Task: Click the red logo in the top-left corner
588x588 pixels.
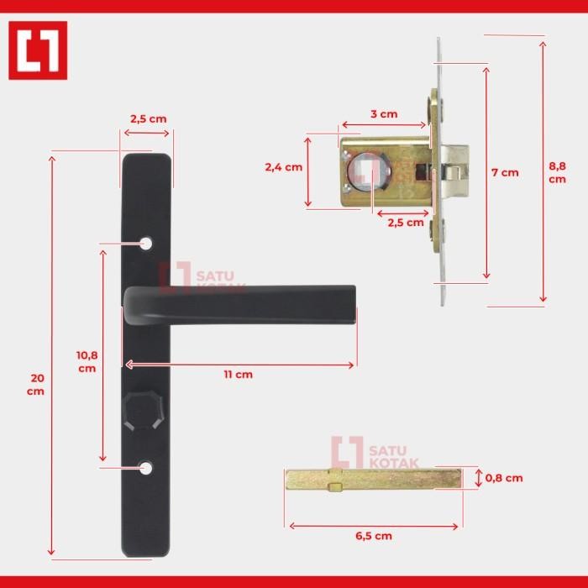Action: (x=38, y=50)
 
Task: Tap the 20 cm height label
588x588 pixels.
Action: (x=34, y=385)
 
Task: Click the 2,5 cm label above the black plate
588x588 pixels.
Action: (x=148, y=118)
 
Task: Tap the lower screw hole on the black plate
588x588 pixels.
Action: (x=148, y=466)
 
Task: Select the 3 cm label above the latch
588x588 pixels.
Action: (x=384, y=114)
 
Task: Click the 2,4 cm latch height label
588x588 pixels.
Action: (x=283, y=167)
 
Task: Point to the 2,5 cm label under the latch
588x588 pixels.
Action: (x=406, y=223)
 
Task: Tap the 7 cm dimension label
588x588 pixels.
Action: (x=505, y=172)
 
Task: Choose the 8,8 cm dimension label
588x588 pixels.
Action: (x=557, y=172)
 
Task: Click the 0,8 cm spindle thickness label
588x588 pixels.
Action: (x=505, y=478)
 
